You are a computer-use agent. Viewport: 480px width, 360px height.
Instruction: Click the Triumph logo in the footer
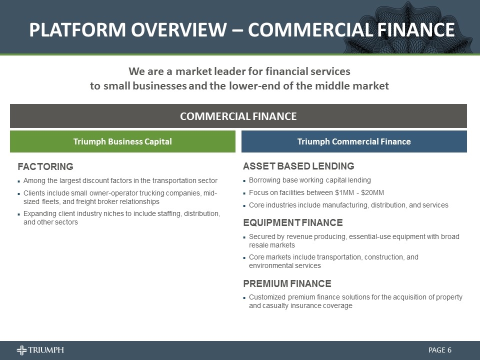[x=40, y=350]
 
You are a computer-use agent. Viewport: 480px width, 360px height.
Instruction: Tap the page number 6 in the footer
[x=449, y=350]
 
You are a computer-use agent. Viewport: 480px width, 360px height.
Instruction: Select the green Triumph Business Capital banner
[x=122, y=141]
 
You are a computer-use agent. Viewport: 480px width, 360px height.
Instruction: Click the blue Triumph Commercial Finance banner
[x=354, y=141]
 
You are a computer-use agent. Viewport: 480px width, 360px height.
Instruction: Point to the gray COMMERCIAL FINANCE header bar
[x=238, y=116]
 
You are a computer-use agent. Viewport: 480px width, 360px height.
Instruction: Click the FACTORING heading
[x=45, y=166]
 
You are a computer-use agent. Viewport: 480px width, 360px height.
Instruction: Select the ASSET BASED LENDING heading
[x=298, y=166]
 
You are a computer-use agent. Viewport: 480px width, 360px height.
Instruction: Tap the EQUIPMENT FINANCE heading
[x=293, y=223]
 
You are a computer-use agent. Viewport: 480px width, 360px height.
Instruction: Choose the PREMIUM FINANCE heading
[x=287, y=284]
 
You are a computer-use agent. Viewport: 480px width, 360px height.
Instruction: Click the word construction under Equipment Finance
[x=386, y=257]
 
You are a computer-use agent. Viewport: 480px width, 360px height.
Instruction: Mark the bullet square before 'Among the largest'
[x=18, y=180]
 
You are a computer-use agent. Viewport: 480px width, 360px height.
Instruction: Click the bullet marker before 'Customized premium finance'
[x=244, y=297]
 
